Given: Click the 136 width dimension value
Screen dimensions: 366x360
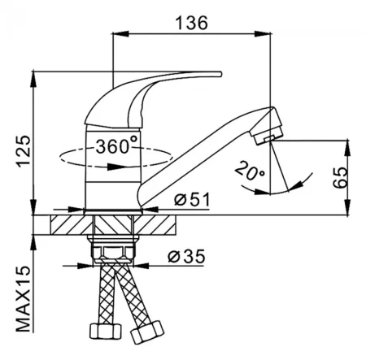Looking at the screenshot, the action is [192, 23].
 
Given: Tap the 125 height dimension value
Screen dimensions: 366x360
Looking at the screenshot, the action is [23, 151].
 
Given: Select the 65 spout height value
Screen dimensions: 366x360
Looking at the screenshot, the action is [340, 177].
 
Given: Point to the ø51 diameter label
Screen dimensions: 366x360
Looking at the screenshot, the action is [192, 200].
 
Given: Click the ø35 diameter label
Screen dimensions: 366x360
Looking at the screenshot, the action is [186, 256].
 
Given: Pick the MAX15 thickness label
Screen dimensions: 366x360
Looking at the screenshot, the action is [23, 299].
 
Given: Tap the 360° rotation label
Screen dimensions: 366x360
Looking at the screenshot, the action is [116, 145].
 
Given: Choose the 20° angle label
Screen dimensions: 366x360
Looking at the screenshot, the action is [250, 171].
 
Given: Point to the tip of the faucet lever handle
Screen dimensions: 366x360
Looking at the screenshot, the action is [220, 74].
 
